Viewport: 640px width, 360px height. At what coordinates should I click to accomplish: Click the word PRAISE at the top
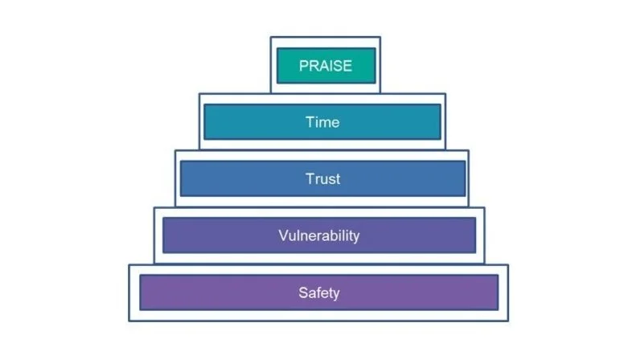pyautogui.click(x=326, y=66)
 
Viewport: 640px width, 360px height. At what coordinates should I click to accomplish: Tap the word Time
pyautogui.click(x=322, y=122)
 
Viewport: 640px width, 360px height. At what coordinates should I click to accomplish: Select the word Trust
pyautogui.click(x=322, y=178)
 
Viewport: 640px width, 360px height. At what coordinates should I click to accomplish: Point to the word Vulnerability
pyautogui.click(x=319, y=235)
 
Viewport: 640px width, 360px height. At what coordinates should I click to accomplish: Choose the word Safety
pyautogui.click(x=319, y=292)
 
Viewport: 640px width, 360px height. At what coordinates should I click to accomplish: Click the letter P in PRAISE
pyautogui.click(x=304, y=66)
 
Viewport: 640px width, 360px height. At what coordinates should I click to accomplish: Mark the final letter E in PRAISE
pyautogui.click(x=347, y=66)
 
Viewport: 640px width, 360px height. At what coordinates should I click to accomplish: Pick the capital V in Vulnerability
pyautogui.click(x=283, y=235)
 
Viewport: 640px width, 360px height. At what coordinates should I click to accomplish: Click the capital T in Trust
pyautogui.click(x=309, y=178)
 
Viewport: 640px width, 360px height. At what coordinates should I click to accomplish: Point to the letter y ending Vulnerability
pyautogui.click(x=355, y=237)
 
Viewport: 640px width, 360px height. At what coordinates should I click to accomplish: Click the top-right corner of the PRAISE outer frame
pyautogui.click(x=380, y=37)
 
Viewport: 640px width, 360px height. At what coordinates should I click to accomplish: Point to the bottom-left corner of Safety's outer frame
pyautogui.click(x=129, y=321)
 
